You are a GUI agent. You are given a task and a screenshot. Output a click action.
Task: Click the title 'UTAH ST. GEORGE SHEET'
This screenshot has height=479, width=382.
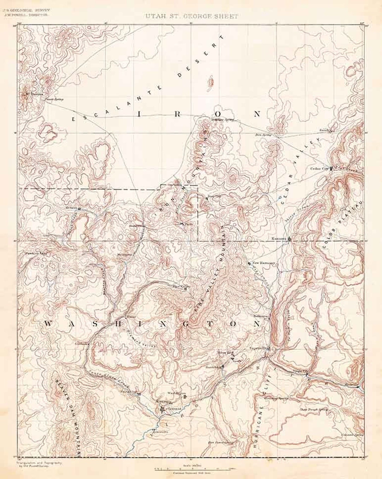(191, 16)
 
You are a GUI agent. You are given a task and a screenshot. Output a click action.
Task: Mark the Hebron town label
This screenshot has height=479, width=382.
(71, 208)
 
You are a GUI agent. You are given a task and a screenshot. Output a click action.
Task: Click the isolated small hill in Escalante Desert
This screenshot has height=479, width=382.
(211, 82)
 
